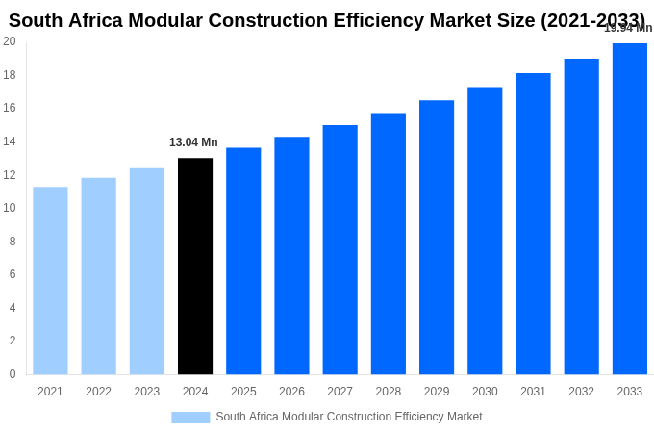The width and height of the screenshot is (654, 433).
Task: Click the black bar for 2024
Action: pyautogui.click(x=195, y=267)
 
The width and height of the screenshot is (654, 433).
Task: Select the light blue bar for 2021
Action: pyautogui.click(x=50, y=281)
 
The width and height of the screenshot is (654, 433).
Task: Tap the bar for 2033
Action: pyautogui.click(x=629, y=209)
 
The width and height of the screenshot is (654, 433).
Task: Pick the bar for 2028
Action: pyautogui.click(x=389, y=244)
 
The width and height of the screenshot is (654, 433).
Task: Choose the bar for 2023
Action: pyautogui.click(x=147, y=271)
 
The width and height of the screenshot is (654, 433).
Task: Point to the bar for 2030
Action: pyautogui.click(x=485, y=231)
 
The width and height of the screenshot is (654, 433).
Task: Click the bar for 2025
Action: pyautogui.click(x=243, y=261)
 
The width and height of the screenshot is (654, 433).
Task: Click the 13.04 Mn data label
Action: pyautogui.click(x=193, y=142)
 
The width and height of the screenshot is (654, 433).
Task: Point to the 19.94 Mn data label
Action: pyautogui.click(x=627, y=28)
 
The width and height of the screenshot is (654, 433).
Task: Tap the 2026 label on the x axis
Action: pyautogui.click(x=291, y=392)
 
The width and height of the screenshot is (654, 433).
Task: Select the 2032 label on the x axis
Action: pyautogui.click(x=581, y=392)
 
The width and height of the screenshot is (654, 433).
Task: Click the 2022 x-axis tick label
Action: pyautogui.click(x=98, y=392)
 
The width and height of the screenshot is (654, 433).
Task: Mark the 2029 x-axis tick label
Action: pyautogui.click(x=437, y=392)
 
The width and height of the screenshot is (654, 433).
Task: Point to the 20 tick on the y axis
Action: pyautogui.click(x=10, y=41)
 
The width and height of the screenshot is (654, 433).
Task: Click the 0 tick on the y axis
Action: pyautogui.click(x=13, y=374)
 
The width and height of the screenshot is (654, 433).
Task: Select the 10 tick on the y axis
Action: pyautogui.click(x=10, y=208)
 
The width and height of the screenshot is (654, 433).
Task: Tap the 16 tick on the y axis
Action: pyautogui.click(x=10, y=108)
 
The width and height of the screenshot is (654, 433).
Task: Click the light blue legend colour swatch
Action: pyautogui.click(x=190, y=418)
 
